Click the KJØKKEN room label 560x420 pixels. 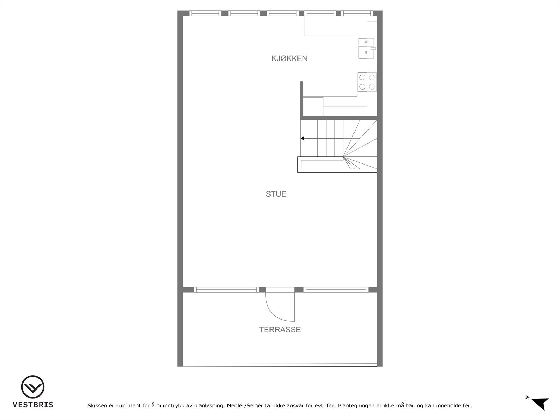pyautogui.click(x=289, y=58)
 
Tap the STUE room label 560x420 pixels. pyautogui.click(x=276, y=194)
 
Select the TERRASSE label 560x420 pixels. pyautogui.click(x=280, y=330)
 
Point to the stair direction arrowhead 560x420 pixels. pyautogui.click(x=302, y=138)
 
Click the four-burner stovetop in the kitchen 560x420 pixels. pyautogui.click(x=367, y=82)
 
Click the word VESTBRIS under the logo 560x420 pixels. pyautogui.click(x=33, y=405)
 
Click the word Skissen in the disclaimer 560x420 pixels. pyautogui.click(x=98, y=406)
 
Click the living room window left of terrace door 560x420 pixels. pyautogui.click(x=226, y=289)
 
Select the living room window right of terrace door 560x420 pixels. pyautogui.click(x=335, y=289)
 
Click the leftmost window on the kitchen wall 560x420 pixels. pyautogui.click(x=205, y=13)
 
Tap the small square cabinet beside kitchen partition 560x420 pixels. pyautogui.click(x=313, y=106)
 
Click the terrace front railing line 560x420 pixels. pyautogui.click(x=280, y=364)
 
